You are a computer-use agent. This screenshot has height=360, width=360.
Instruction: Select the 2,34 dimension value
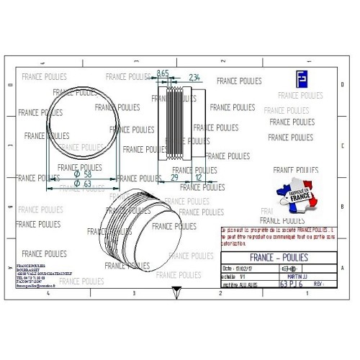(x=194, y=76)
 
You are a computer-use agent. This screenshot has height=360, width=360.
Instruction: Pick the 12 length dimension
(x=199, y=177)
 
